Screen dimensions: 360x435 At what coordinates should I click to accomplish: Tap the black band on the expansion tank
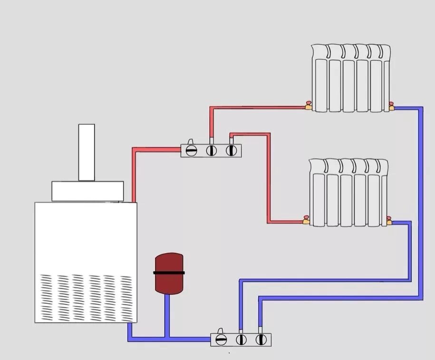click(x=169, y=273)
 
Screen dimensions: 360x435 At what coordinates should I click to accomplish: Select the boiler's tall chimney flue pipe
click(x=87, y=152)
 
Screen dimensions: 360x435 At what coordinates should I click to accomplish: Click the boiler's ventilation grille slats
click(x=86, y=297)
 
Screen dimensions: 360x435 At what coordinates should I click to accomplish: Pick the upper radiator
click(x=351, y=78)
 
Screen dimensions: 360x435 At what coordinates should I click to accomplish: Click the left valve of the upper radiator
click(x=308, y=106)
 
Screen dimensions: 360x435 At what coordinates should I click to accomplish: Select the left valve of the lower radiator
click(x=307, y=220)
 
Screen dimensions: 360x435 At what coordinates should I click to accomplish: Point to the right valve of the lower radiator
click(x=389, y=220)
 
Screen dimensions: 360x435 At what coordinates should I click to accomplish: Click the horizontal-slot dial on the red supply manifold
click(x=191, y=151)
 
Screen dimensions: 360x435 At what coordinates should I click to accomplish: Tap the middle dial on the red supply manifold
click(x=212, y=151)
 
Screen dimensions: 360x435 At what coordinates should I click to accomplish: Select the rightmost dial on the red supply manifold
click(x=231, y=151)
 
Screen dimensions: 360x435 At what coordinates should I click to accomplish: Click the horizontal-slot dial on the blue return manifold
click(x=221, y=340)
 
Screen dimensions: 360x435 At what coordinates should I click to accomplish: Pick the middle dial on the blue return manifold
click(x=241, y=340)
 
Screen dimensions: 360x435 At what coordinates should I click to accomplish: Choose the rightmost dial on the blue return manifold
click(x=260, y=340)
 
